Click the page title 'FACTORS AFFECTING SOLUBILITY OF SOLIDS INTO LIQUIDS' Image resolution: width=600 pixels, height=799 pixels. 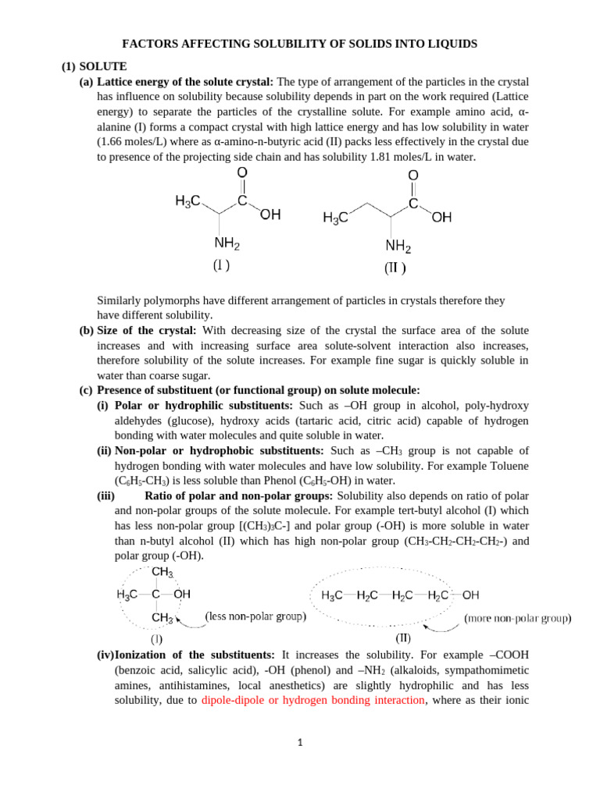point(299,44)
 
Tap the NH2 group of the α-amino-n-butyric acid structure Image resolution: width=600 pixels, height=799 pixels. point(398,247)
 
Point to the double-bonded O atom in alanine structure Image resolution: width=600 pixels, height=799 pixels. point(242,172)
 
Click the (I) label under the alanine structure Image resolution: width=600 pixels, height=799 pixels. point(221,265)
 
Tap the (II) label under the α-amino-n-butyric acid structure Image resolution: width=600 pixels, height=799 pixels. point(395,268)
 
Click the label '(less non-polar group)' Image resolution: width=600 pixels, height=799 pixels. point(255,616)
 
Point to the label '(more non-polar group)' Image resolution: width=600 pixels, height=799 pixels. point(518,618)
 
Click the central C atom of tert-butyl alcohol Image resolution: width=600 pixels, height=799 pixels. point(155,595)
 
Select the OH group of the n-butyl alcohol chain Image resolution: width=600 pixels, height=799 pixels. point(470,595)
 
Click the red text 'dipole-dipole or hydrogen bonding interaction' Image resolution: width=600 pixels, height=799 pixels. point(312,701)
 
